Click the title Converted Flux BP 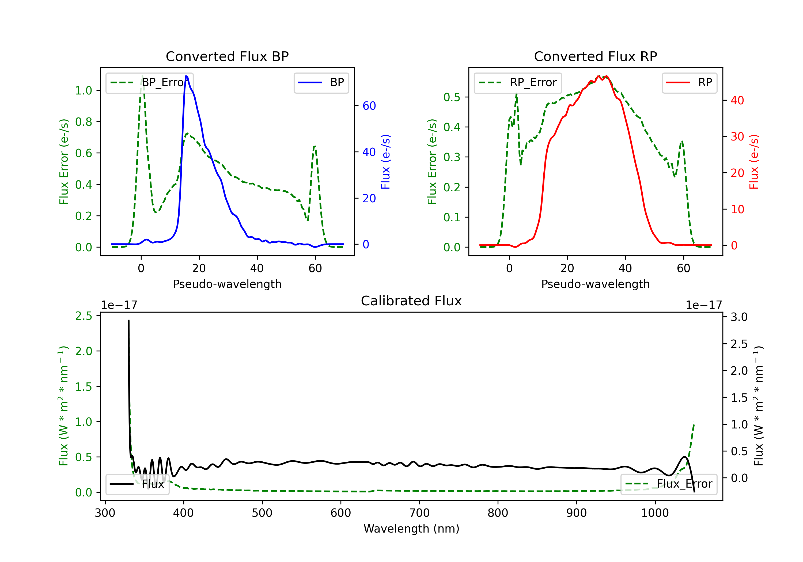(x=227, y=56)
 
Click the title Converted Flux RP (x=595, y=56)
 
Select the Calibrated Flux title (x=411, y=301)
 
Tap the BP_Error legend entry (x=149, y=82)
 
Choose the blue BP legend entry (x=321, y=82)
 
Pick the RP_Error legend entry (x=518, y=82)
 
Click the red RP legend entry (x=689, y=82)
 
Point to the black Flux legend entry (x=137, y=484)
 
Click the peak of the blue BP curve (x=186, y=76)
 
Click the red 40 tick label (x=737, y=100)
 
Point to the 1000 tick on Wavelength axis (x=655, y=513)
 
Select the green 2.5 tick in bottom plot (x=84, y=316)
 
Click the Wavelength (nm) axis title (x=411, y=529)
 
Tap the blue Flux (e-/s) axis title (x=385, y=162)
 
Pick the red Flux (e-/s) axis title (x=754, y=162)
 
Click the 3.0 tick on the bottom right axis (x=739, y=317)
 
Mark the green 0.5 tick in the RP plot (x=452, y=97)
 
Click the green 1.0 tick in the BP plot (x=84, y=90)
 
